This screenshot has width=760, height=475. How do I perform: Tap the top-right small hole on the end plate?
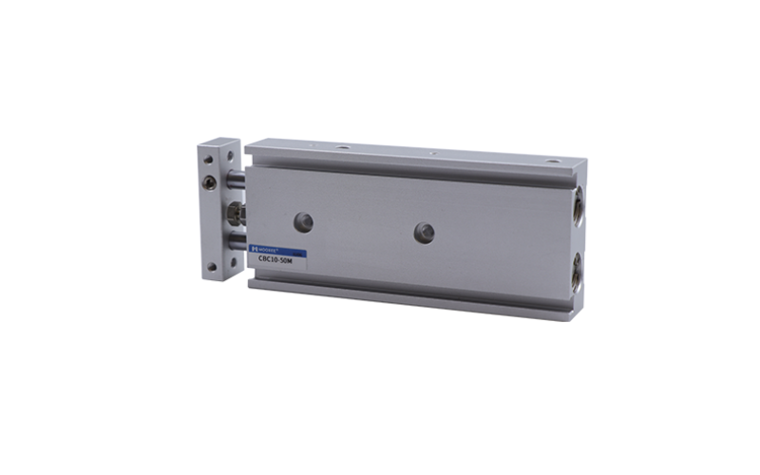[x=231, y=149]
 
